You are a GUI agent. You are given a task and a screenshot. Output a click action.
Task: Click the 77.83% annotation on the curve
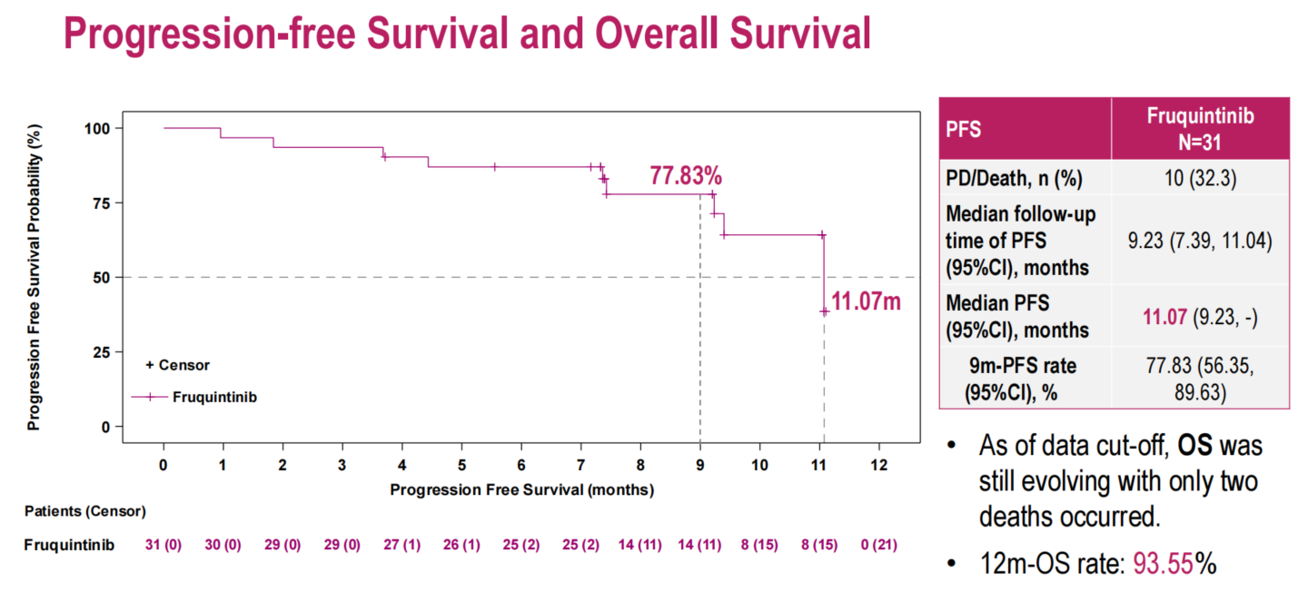686,175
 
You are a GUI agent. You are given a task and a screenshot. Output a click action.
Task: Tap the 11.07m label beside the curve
866,301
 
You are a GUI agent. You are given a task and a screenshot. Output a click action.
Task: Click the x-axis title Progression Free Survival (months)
522,489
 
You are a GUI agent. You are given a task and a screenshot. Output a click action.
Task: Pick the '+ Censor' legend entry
177,365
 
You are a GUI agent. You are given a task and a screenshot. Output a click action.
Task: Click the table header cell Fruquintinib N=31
1200,128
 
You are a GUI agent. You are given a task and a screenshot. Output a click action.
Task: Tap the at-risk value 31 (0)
163,545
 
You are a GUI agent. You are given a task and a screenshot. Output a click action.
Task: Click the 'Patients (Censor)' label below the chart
84,511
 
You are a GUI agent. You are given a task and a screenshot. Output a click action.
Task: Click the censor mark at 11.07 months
824,311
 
